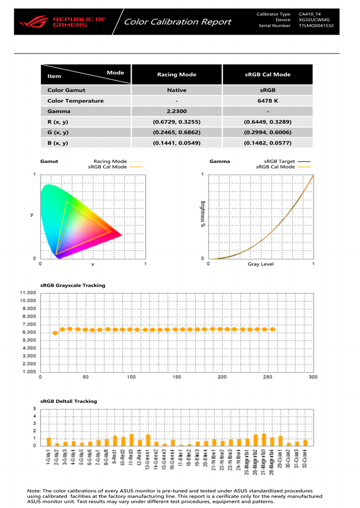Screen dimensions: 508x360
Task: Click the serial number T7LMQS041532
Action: (316, 26)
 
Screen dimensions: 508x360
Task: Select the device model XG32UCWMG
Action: (314, 20)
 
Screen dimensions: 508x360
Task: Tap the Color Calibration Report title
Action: (177, 22)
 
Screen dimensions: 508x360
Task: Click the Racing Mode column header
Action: (177, 74)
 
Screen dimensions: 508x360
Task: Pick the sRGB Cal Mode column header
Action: (268, 74)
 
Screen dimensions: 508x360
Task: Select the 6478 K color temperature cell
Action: (268, 101)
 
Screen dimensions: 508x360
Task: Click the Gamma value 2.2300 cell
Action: (177, 111)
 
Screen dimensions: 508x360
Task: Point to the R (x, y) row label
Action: (58, 122)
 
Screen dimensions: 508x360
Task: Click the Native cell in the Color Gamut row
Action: (177, 90)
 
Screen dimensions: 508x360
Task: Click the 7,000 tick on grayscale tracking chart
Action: (28, 324)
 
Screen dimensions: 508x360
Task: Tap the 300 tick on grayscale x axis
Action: (313, 377)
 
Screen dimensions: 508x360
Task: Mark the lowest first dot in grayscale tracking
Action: (55, 333)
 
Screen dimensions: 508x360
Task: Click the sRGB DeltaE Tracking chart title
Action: (69, 401)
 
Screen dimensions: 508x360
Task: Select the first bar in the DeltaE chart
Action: (49, 442)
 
